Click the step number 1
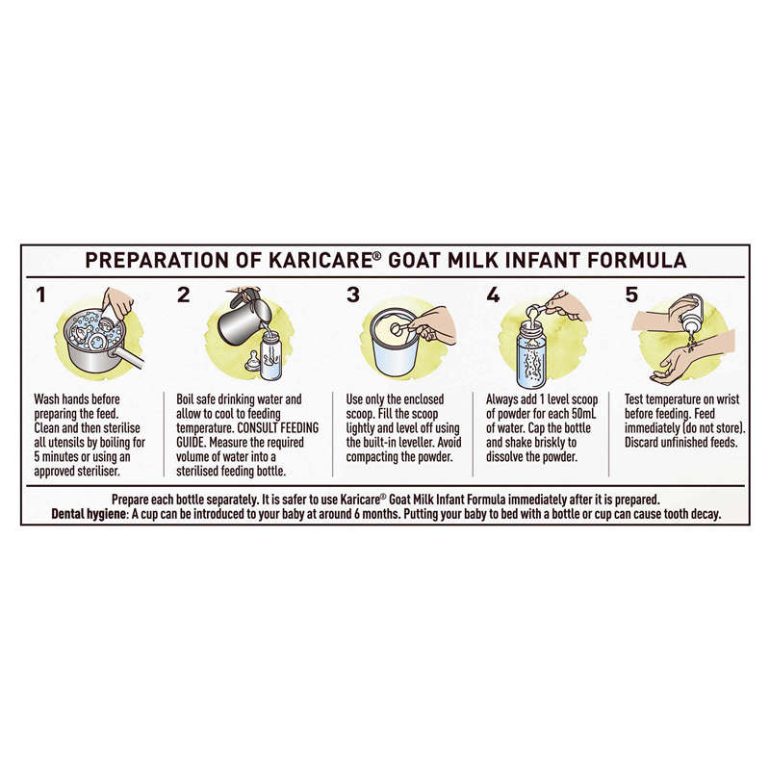[40, 295]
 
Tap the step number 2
[183, 295]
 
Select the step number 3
[352, 295]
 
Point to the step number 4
[493, 295]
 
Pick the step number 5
[631, 295]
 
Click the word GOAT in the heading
[414, 260]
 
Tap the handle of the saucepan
[130, 361]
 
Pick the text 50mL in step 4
[583, 414]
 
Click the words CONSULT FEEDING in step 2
[278, 428]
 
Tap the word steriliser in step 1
[98, 472]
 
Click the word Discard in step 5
[642, 443]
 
